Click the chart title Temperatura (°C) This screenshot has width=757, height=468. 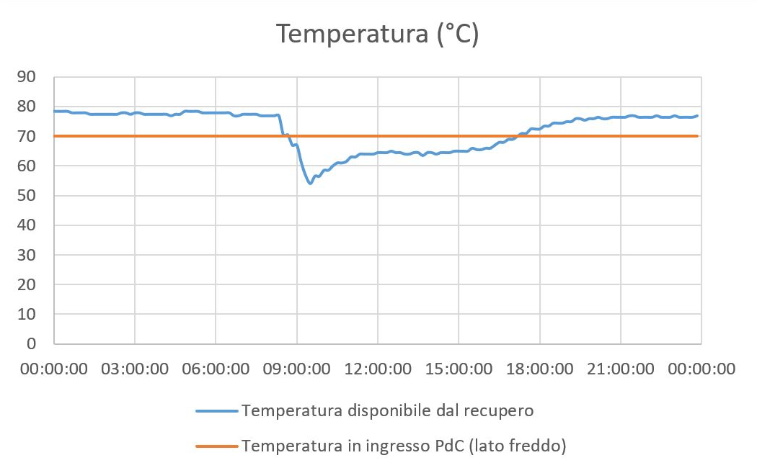click(x=378, y=35)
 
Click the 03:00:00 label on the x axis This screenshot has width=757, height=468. click(x=135, y=369)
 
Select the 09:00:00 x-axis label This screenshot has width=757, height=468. click(x=296, y=369)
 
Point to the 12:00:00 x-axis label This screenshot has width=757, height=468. click(x=378, y=369)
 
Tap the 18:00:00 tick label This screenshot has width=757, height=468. click(x=539, y=369)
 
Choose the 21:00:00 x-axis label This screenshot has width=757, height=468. click(x=620, y=369)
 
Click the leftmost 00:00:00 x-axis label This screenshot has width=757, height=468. click(x=54, y=369)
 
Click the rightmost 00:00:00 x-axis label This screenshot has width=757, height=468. click(x=701, y=369)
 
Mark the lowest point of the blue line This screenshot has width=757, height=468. click(x=310, y=183)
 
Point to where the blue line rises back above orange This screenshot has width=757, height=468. click(x=518, y=135)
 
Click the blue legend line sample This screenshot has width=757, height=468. click(x=216, y=410)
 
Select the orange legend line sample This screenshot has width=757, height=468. click(x=216, y=446)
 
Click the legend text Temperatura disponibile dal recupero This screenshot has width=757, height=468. click(x=388, y=410)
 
